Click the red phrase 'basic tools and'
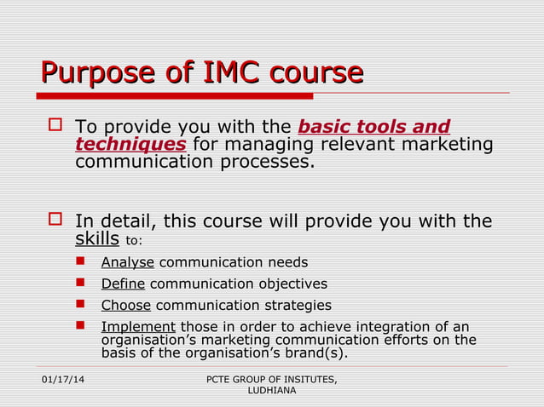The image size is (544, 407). tap(374, 127)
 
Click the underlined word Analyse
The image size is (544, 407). tap(127, 262)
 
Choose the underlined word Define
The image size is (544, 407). tap(123, 284)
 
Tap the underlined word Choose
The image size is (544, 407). tap(125, 305)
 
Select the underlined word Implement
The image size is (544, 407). tap(138, 327)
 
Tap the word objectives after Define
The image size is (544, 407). tap(287, 284)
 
